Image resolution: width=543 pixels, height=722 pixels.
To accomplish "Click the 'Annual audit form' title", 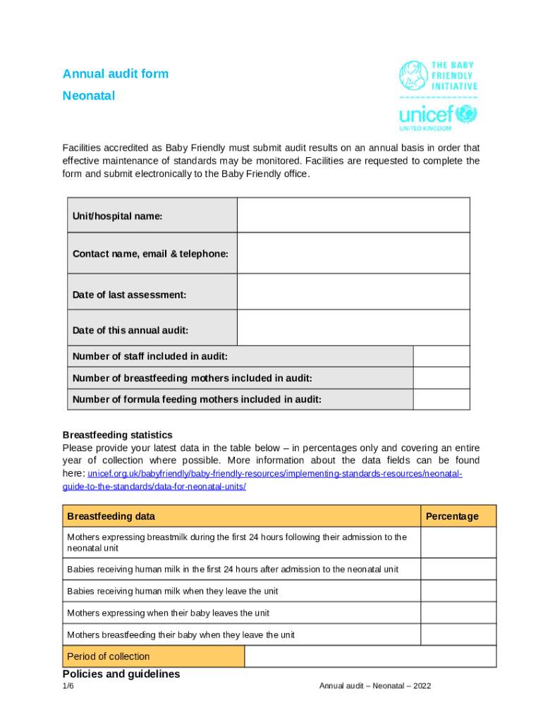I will point(116,74).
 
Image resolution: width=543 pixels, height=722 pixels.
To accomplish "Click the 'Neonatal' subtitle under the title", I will point(89,96).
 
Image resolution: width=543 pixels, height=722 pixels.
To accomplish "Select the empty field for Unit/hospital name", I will point(353,215).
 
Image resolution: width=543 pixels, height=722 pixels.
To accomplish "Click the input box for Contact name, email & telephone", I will point(353,253).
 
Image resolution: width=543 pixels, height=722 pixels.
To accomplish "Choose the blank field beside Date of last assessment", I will point(353,292).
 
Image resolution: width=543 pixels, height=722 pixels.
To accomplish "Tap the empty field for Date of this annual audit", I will point(353,328).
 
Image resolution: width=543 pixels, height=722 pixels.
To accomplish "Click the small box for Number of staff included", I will point(441,357).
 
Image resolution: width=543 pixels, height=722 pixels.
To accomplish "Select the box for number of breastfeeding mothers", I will point(441,378).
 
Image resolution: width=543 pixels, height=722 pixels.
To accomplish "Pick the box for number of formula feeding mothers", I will point(441,399).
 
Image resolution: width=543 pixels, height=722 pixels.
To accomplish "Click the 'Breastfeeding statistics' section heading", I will point(117,435).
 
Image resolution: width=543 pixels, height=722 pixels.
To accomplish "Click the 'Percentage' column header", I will point(452,516).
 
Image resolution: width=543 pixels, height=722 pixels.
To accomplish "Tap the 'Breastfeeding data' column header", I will point(111,516).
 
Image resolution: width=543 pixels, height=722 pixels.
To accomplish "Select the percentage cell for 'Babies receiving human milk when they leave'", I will point(458,591).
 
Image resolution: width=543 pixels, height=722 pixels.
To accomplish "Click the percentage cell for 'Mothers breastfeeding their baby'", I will point(458,635).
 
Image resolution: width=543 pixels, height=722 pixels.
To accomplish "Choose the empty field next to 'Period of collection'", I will point(370,656).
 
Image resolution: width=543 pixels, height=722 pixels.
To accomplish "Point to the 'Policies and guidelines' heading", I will point(121,674).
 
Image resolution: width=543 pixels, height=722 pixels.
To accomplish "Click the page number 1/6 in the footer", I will point(68,686).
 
